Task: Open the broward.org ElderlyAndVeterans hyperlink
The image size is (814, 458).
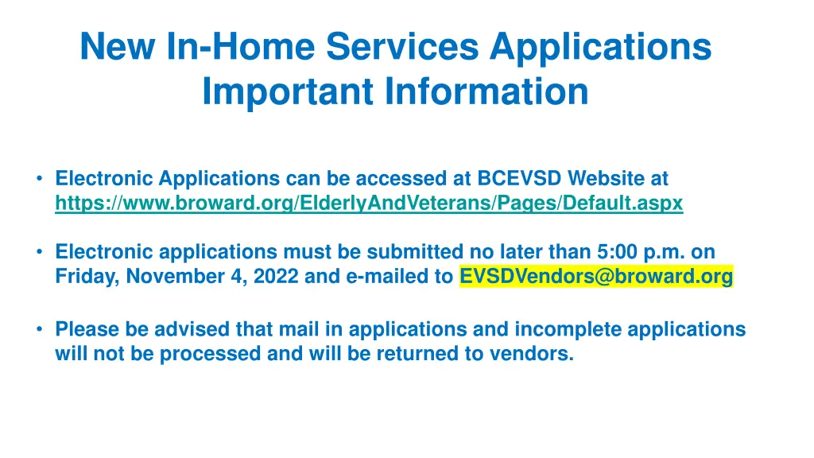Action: [x=369, y=204]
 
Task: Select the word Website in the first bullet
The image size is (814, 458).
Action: [x=607, y=178]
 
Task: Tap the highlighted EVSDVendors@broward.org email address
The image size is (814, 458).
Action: [x=596, y=277]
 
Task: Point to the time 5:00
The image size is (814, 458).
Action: [x=615, y=252]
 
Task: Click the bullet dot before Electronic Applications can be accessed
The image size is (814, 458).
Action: [x=38, y=178]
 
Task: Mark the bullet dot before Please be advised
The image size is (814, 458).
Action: [x=38, y=328]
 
